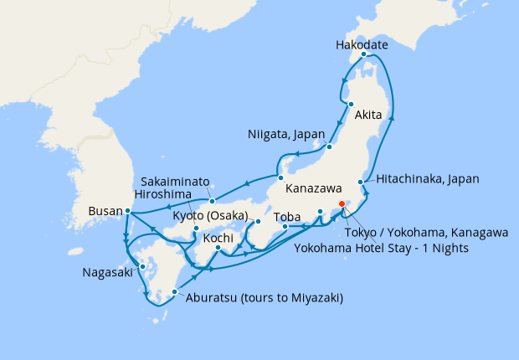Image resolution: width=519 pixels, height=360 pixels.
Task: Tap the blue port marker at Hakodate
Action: tap(363, 55)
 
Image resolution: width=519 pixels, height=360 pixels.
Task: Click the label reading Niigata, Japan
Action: tap(285, 134)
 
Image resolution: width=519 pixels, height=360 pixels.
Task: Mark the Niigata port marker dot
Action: tap(330, 147)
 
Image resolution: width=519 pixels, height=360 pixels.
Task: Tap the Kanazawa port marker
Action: tap(280, 177)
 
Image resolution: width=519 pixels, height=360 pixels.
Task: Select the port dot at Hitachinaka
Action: tap(362, 182)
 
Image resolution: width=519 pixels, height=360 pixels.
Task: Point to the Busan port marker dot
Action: tap(126, 211)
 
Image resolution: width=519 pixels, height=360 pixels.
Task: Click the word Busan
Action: tap(105, 212)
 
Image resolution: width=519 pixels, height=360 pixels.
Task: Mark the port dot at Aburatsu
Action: tap(175, 292)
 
